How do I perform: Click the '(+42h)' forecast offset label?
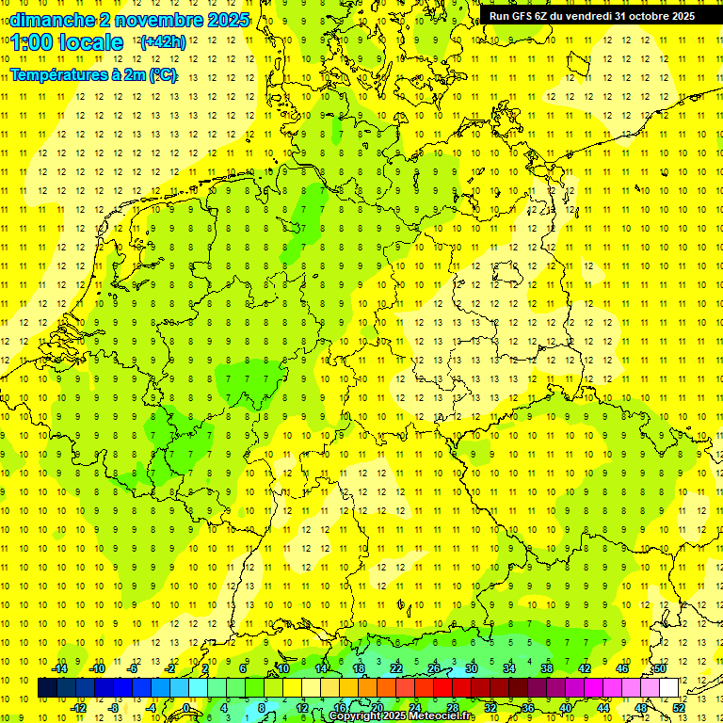pos(163,42)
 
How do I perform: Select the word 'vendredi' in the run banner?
pos(586,16)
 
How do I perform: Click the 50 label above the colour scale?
pos(660,668)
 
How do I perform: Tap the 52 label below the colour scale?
pos(680,708)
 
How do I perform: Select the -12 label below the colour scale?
pos(78,708)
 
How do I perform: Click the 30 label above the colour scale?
pos(471,668)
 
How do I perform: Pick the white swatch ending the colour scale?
pos(668,687)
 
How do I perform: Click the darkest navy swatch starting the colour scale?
pos(47,687)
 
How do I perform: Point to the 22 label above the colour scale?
pos(395,668)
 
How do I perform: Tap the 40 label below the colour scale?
pos(566,708)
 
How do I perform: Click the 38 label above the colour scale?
pos(546,668)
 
